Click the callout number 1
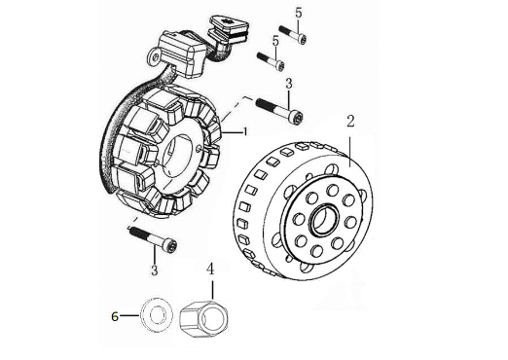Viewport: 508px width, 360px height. pos(245,131)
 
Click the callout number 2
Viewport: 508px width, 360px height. pos(350,122)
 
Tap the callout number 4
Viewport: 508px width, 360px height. pos(211,269)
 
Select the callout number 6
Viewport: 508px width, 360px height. pos(115,316)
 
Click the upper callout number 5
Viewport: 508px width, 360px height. pos(299,13)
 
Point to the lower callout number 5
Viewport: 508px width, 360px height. pos(275,42)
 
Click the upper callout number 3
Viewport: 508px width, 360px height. pos(289,84)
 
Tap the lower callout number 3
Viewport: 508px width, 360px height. pos(155,270)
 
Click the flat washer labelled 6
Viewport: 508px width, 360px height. pos(157,314)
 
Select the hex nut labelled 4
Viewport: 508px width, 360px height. pos(204,318)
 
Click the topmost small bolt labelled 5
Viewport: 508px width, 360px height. pos(292,34)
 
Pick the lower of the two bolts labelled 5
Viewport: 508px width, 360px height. pos(271,61)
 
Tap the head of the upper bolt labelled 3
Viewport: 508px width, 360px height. pos(297,118)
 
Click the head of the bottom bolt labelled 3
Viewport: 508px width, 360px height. pos(170,245)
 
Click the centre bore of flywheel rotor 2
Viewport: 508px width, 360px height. pos(324,220)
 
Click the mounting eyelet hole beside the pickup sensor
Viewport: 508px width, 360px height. pos(157,57)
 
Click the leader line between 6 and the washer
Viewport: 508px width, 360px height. pos(129,315)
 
